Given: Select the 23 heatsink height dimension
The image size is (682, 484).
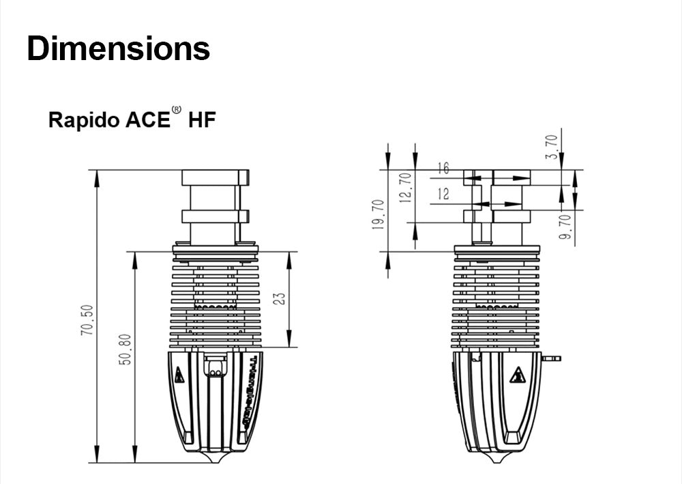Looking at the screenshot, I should point(280,299).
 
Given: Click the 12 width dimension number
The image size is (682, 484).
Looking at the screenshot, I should point(443,195).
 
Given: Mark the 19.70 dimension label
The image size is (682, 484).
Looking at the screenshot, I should point(379,215).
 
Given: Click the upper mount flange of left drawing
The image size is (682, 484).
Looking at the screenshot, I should point(215,177).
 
